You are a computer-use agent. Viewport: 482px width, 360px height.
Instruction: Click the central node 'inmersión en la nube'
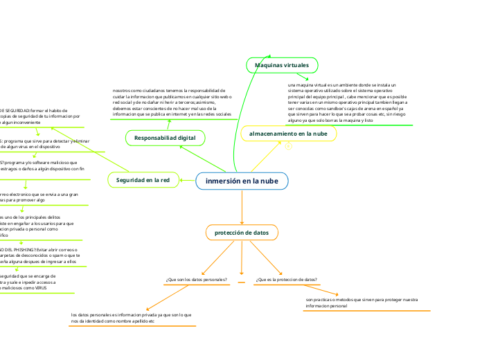point(242,181)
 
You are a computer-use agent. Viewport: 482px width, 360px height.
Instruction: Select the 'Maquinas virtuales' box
point(282,64)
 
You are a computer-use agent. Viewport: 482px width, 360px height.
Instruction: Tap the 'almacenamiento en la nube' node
point(288,133)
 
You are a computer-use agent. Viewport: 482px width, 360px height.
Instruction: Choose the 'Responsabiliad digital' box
point(165,138)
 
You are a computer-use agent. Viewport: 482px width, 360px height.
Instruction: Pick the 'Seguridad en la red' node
point(143,180)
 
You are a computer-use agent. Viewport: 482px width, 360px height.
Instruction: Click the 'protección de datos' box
point(242,233)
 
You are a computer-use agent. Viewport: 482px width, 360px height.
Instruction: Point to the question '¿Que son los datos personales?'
point(197,280)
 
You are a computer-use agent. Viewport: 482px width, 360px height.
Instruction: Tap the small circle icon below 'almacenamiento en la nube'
point(288,146)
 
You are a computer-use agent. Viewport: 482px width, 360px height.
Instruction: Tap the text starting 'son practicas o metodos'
point(361,303)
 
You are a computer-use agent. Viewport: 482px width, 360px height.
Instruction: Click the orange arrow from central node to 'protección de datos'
point(242,208)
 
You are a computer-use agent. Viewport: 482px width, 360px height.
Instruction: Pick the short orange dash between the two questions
point(241,283)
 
